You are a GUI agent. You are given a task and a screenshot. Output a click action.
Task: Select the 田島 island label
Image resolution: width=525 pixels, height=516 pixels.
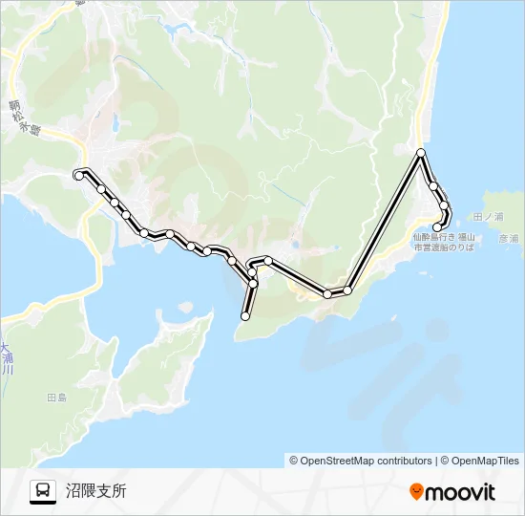pyautogui.click(x=56, y=397)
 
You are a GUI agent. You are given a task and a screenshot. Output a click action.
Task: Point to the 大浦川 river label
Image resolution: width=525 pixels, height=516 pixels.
pyautogui.click(x=7, y=359)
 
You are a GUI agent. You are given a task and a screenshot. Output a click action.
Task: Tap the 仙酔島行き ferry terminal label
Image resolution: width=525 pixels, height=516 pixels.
pyautogui.click(x=442, y=235)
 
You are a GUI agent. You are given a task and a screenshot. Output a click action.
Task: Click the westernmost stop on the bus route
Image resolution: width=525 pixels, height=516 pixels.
pyautogui.click(x=78, y=175)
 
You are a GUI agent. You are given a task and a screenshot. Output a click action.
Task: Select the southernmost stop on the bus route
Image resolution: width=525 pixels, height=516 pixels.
pyautogui.click(x=245, y=316)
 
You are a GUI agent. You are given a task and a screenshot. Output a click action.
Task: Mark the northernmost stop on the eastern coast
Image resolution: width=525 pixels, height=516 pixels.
pyautogui.click(x=421, y=153)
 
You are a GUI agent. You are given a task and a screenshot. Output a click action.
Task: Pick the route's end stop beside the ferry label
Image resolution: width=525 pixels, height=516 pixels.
pyautogui.click(x=437, y=226)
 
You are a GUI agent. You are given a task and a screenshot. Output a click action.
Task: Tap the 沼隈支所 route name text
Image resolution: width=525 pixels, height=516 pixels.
pyautogui.click(x=95, y=492)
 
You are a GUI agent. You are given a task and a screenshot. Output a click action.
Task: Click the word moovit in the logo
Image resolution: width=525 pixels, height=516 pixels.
pyautogui.click(x=459, y=493)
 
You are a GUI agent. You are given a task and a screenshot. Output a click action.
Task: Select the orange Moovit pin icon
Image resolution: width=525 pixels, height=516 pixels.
pyautogui.click(x=416, y=492)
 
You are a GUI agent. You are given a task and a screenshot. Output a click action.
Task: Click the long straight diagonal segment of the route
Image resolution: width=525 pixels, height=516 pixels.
pyautogui.click(x=385, y=221)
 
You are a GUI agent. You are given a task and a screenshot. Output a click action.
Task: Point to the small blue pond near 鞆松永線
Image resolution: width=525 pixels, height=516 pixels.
pyautogui.click(x=115, y=123)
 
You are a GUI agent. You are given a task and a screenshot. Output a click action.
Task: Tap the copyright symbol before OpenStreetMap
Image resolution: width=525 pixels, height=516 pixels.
pyautogui.click(x=294, y=461)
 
